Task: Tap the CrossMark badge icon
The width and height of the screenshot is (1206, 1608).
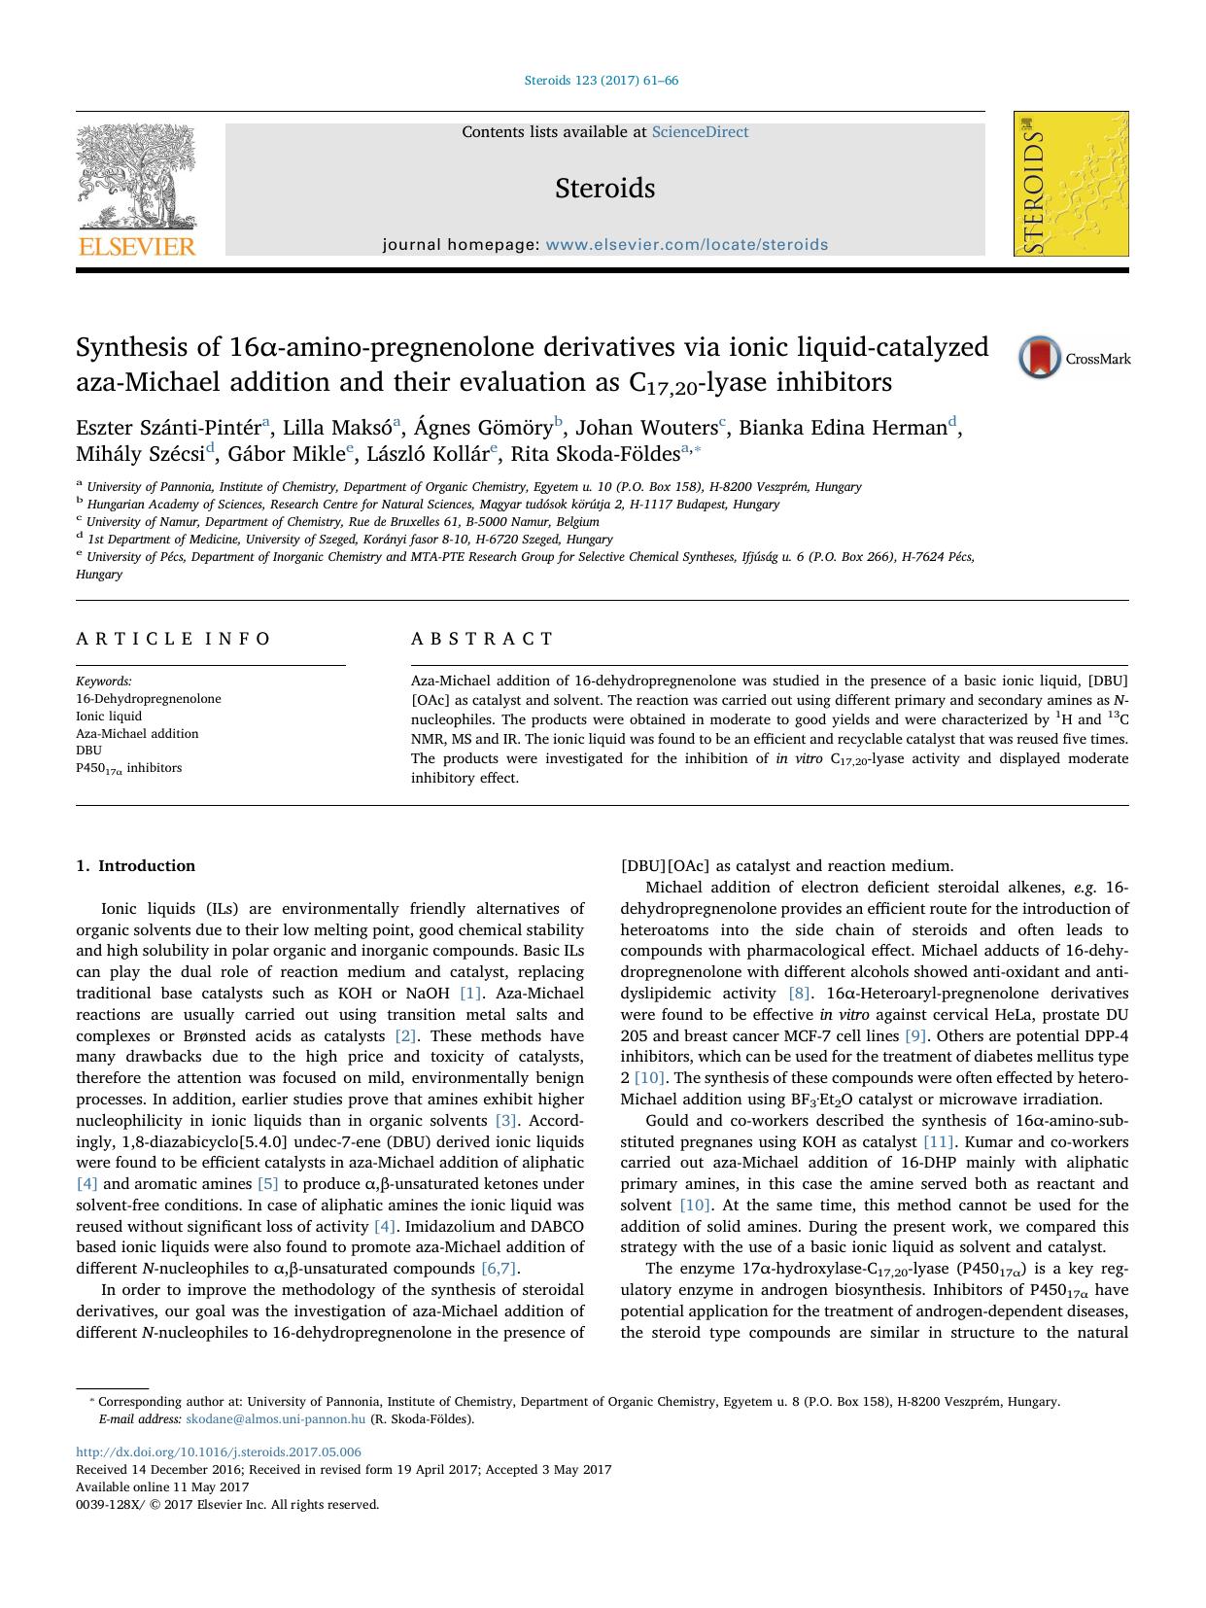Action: (x=1040, y=357)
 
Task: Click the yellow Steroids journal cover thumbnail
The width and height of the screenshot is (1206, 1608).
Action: (x=1071, y=184)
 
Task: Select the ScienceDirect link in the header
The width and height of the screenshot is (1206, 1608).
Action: (x=700, y=132)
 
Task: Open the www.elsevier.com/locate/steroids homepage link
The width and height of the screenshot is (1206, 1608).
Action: (x=686, y=245)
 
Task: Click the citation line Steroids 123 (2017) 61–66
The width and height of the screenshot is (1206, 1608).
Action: (x=602, y=81)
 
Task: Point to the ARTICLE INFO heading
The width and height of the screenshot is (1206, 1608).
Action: (x=174, y=639)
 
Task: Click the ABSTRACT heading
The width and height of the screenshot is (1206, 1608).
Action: (x=482, y=639)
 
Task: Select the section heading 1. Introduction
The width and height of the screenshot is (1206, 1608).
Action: (x=135, y=865)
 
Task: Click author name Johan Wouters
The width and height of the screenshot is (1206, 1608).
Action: (x=646, y=428)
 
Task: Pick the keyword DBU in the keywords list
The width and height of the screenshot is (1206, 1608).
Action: (x=88, y=751)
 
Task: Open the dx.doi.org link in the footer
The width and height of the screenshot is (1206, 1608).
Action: (x=218, y=1451)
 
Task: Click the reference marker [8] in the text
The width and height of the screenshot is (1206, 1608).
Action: (x=799, y=994)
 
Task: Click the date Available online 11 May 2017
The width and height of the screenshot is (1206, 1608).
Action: (x=162, y=1486)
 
